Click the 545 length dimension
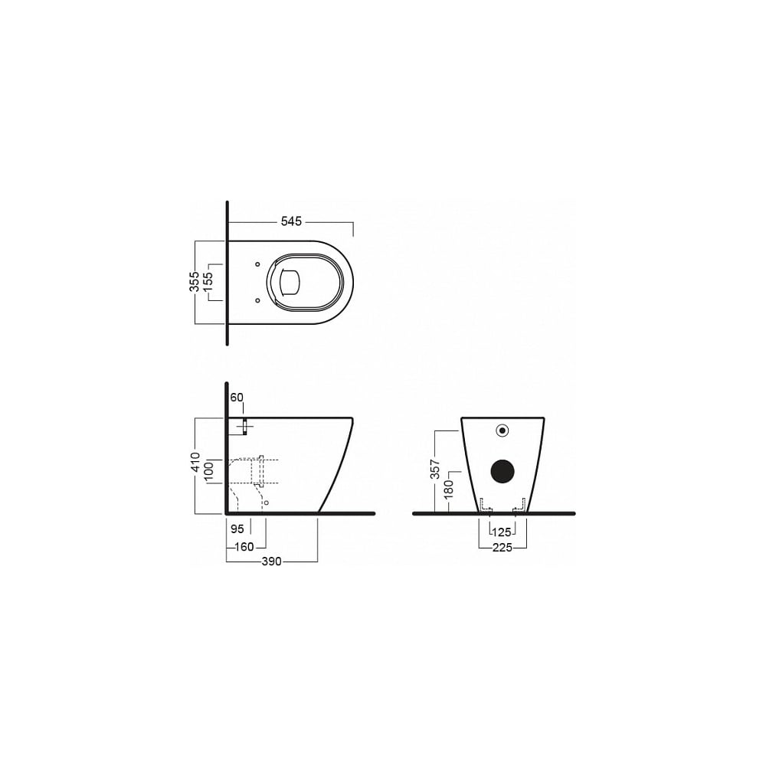[x=291, y=221]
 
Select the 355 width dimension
[x=195, y=282]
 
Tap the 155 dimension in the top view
[x=208, y=282]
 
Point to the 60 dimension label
[x=237, y=398]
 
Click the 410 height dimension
[x=195, y=462]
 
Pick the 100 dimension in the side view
[x=208, y=472]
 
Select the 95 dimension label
[x=237, y=529]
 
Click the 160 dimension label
[x=244, y=547]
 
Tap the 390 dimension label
[x=272, y=561]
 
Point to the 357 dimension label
[x=435, y=469]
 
